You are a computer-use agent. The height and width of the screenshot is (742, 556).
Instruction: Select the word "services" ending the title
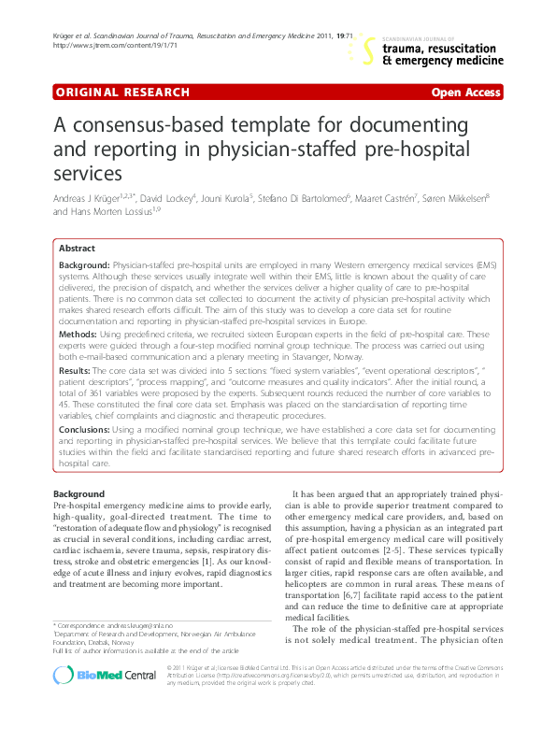click(x=91, y=173)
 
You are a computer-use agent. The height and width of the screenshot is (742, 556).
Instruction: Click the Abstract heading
click(x=77, y=249)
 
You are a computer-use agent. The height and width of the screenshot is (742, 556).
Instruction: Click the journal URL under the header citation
click(x=103, y=45)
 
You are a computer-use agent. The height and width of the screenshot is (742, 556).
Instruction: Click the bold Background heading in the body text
click(x=78, y=492)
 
